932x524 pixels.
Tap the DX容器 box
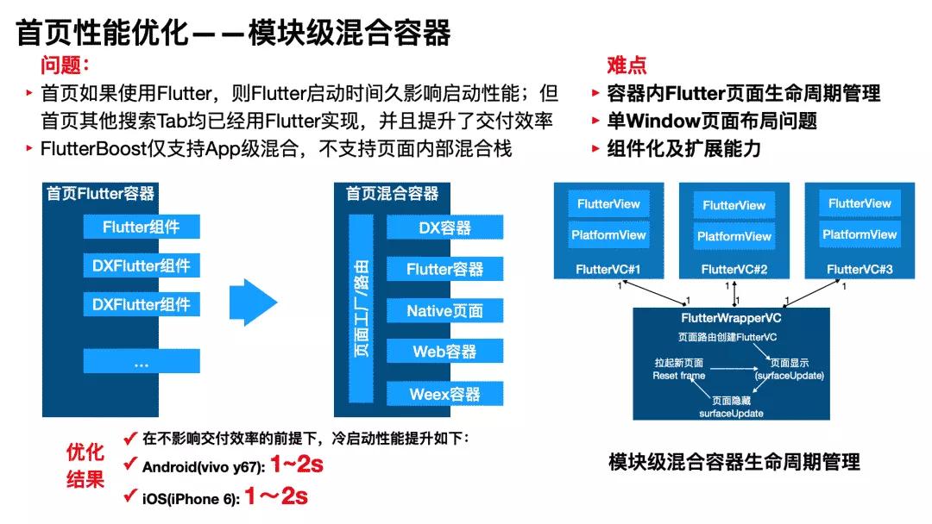point(444,228)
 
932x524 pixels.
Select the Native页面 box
point(444,310)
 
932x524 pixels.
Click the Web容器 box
point(444,351)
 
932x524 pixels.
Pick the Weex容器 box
point(444,394)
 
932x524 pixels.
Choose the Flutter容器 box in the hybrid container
point(444,269)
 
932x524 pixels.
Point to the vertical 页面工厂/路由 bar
point(362,309)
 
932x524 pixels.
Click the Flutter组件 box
point(142,227)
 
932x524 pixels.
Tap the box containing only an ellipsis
point(142,362)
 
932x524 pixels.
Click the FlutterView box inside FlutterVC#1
point(609,204)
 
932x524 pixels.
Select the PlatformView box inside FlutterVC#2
point(734,236)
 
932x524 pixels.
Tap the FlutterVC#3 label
point(860,270)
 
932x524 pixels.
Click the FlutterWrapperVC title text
point(731,319)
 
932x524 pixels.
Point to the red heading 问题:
point(65,65)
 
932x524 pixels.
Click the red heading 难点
point(627,65)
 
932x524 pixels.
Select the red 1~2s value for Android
point(296,465)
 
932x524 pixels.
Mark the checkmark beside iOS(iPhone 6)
point(130,496)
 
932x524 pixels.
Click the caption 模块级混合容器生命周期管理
point(734,463)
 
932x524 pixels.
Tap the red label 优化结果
point(85,465)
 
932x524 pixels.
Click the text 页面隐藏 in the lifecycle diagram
point(731,401)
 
